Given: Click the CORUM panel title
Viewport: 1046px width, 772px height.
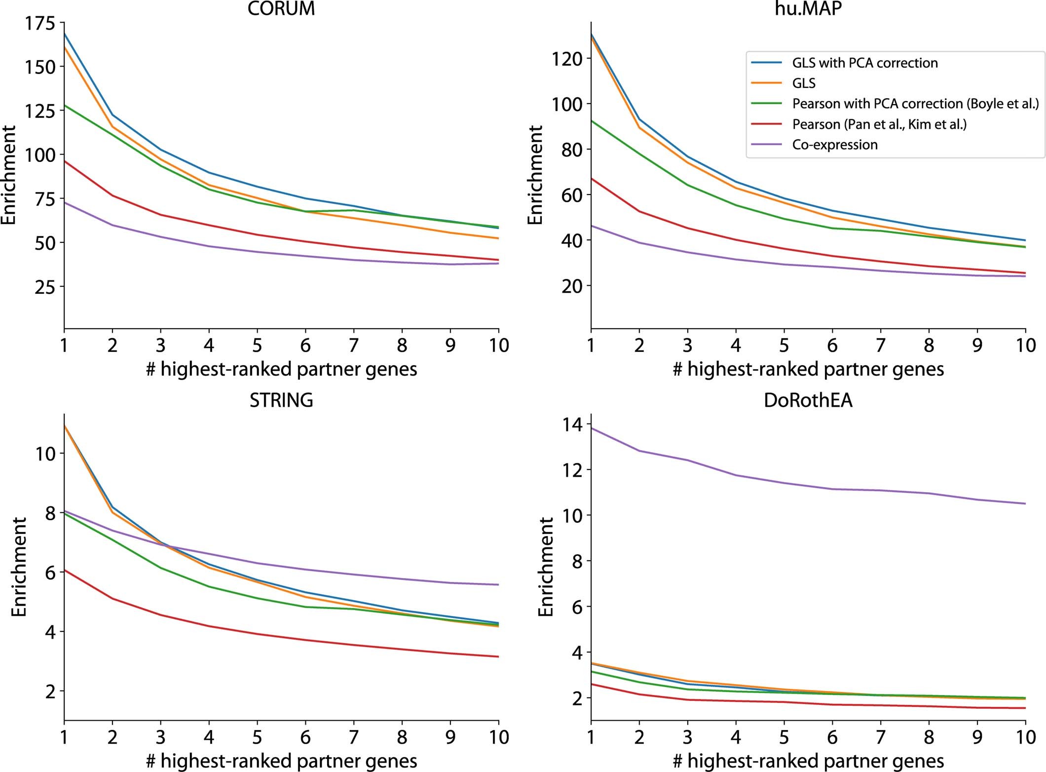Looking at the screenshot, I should (281, 9).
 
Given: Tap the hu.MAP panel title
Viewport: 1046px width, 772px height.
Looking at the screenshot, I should (808, 9).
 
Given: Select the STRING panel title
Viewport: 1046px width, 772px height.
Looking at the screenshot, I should (281, 400).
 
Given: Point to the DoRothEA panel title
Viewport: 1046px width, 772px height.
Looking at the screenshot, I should (808, 400).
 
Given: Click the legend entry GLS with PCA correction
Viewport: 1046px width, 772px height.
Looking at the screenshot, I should (864, 63).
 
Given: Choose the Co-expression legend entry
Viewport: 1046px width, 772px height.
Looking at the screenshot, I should (835, 145).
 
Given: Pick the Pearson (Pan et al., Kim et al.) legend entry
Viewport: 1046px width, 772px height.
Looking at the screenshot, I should (879, 124).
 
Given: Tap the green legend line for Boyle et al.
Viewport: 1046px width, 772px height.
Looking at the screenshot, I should (766, 104).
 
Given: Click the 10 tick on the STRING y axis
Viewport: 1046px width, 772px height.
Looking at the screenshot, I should (45, 453).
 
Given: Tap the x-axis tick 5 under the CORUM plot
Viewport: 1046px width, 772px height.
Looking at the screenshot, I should (257, 345).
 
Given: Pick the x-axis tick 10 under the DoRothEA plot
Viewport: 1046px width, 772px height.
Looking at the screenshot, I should (1025, 737).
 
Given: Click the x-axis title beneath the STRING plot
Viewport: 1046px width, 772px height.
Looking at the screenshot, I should (281, 761).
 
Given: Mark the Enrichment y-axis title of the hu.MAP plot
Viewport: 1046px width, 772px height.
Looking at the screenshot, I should (535, 175).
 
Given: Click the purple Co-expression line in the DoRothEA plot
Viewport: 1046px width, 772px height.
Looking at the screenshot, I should (832, 489).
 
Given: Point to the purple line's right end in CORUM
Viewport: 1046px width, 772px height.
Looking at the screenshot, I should (498, 264).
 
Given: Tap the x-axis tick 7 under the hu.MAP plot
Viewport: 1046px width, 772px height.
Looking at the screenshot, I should (881, 345).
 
